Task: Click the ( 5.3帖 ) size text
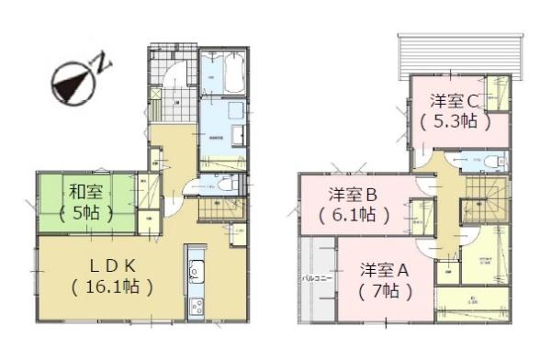point(455,120)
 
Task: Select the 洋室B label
point(354,195)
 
